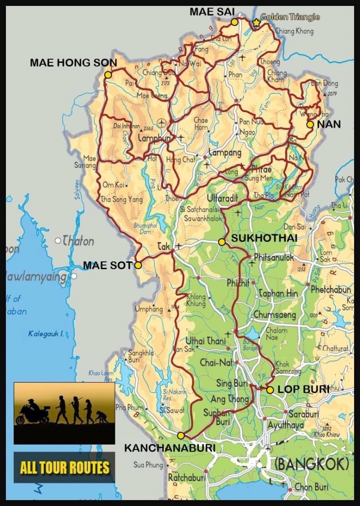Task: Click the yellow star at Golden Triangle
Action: pos(256,23)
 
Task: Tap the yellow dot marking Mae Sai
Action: pos(235,22)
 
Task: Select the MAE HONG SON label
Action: pos(74,63)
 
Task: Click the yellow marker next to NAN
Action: pos(310,124)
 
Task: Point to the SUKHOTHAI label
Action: pos(254,239)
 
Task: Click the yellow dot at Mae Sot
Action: pos(138,265)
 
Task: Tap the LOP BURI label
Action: pos(303,389)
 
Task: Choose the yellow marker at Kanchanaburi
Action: pos(181,435)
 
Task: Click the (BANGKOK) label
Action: pos(311,463)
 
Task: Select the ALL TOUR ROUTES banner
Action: pos(64,467)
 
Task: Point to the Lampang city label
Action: pos(225,153)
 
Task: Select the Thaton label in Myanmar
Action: pos(78,241)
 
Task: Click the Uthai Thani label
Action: pos(205,341)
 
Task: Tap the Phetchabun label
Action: pos(331,290)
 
